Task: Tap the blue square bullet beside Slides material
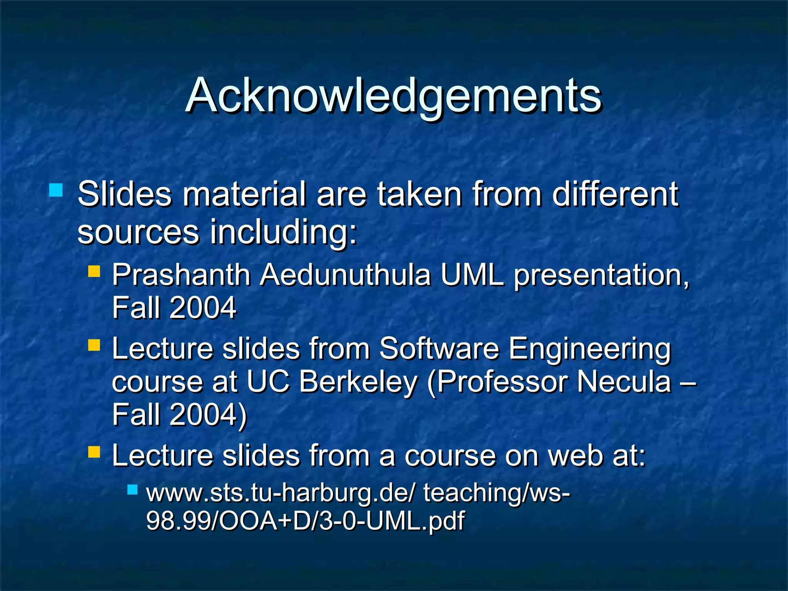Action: pyautogui.click(x=56, y=190)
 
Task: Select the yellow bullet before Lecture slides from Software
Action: pyautogui.click(x=94, y=345)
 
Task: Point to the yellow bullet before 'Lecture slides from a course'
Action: pyautogui.click(x=94, y=452)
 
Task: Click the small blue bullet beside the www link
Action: pyautogui.click(x=132, y=489)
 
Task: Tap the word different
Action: pyautogui.click(x=615, y=194)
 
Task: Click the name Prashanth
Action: pyautogui.click(x=181, y=275)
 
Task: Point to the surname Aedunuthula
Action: pyautogui.click(x=345, y=275)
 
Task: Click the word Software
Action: pyautogui.click(x=439, y=349)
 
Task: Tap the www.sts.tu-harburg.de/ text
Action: pyautogui.click(x=280, y=493)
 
